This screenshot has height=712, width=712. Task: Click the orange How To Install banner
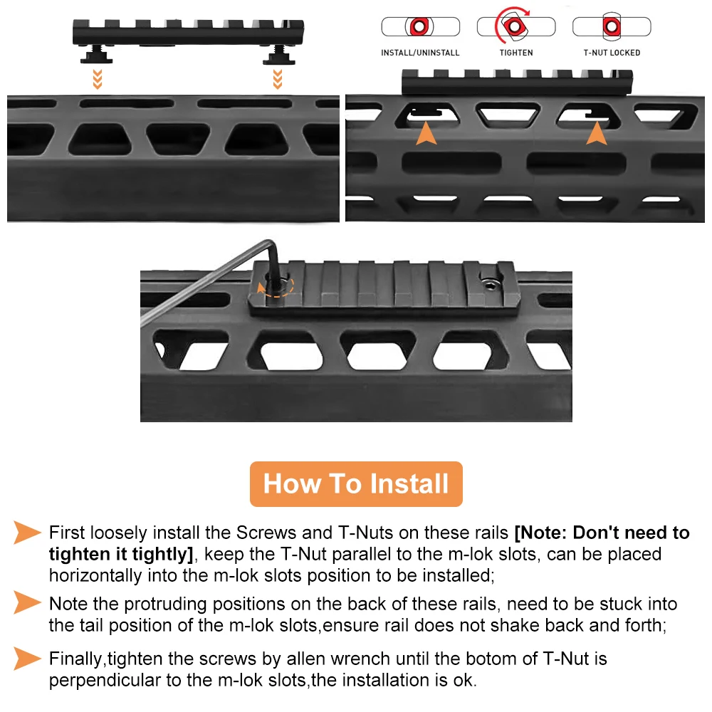click(356, 483)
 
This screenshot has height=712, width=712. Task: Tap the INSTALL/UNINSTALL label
click(420, 53)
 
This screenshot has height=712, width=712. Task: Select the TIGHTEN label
click(516, 53)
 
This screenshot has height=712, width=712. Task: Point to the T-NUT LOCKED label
click(612, 53)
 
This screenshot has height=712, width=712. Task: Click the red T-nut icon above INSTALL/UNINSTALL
click(419, 26)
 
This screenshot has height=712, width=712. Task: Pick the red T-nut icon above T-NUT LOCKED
click(612, 26)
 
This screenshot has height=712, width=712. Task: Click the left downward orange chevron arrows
click(97, 79)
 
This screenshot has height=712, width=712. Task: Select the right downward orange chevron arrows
click(278, 79)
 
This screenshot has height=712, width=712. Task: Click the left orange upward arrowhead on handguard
click(426, 135)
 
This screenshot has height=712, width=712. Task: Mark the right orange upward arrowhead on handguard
click(596, 135)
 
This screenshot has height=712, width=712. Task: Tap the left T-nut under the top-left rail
click(96, 55)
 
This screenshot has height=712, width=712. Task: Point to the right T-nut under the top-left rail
click(278, 55)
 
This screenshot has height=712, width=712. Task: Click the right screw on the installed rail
click(490, 284)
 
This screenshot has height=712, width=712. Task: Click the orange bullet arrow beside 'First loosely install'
click(26, 532)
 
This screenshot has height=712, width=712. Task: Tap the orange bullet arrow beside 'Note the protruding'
click(26, 602)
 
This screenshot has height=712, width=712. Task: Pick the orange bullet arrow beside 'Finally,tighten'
click(26, 659)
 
